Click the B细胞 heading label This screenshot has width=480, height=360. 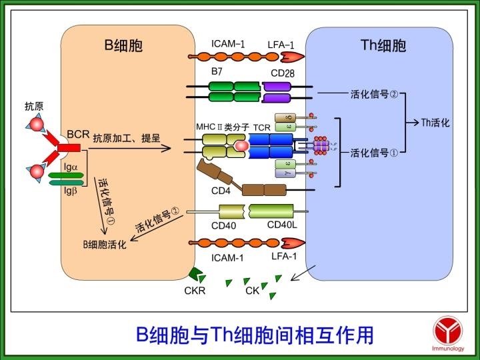click(x=123, y=45)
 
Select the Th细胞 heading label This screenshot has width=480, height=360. click(x=383, y=45)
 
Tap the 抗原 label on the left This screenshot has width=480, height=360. click(x=34, y=106)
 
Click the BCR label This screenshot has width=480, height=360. click(x=78, y=134)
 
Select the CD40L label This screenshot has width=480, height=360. click(x=282, y=225)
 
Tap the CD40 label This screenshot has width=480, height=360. click(x=223, y=225)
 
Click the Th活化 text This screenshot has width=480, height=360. click(x=436, y=123)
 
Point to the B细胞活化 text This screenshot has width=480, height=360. click(x=105, y=245)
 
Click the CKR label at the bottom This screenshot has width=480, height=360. click(x=195, y=290)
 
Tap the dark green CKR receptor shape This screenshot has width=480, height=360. click(x=197, y=273)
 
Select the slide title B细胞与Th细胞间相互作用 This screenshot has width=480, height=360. click(x=254, y=334)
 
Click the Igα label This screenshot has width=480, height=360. click(x=71, y=168)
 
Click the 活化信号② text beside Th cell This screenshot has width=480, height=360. click(x=374, y=94)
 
